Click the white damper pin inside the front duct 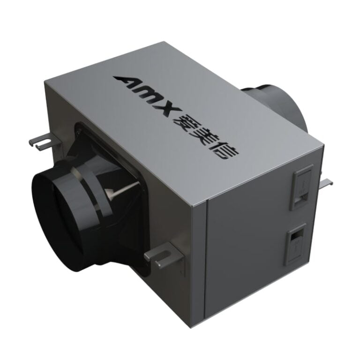point(115,191)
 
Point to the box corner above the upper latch point(322,145)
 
